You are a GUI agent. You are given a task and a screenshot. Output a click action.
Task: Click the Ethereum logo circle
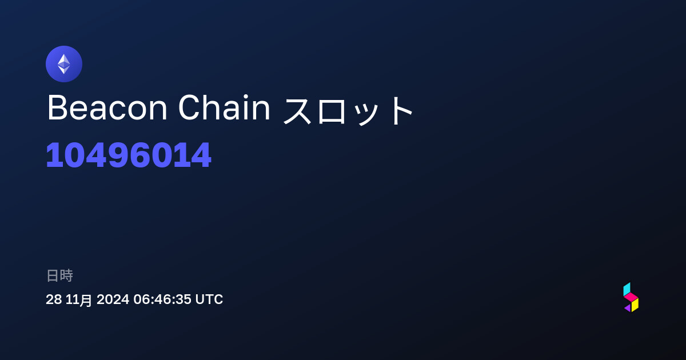pyautogui.click(x=64, y=64)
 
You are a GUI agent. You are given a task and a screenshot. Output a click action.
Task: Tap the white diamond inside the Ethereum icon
pyautogui.click(x=64, y=64)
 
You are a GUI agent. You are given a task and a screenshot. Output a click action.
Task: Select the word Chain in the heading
pyautogui.click(x=224, y=107)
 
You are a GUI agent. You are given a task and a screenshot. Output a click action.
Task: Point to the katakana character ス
pyautogui.click(x=298, y=110)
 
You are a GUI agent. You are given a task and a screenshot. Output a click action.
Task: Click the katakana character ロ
pyautogui.click(x=332, y=110)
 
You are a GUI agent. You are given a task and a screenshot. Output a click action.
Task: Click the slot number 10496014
pyautogui.click(x=129, y=155)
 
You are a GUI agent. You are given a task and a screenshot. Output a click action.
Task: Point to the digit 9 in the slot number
pyautogui.click(x=118, y=155)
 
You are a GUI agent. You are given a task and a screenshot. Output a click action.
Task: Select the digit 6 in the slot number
pyautogui.click(x=139, y=155)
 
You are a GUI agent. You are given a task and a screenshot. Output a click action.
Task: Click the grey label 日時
pyautogui.click(x=59, y=275)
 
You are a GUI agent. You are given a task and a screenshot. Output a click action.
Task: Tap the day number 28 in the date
pyautogui.click(x=54, y=299)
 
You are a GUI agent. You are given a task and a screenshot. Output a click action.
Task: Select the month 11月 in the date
pyautogui.click(x=79, y=299)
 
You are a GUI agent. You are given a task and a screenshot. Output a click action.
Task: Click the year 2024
pyautogui.click(x=113, y=299)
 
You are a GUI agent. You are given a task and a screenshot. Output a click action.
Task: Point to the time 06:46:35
pyautogui.click(x=162, y=299)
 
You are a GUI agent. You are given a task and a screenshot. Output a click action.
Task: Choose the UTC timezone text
pyautogui.click(x=209, y=299)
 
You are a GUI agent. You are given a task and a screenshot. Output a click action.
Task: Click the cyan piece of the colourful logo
pyautogui.click(x=627, y=289)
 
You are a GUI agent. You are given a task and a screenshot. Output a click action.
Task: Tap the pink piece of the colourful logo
pyautogui.click(x=631, y=297)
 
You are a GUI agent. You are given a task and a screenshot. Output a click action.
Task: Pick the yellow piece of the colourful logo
pyautogui.click(x=635, y=305)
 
